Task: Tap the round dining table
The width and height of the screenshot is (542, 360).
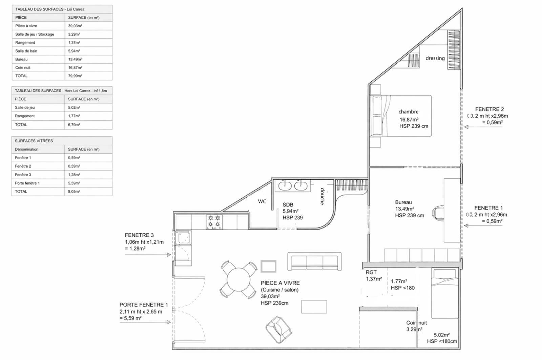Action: click(238, 280)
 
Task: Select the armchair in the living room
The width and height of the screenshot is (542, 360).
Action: click(278, 329)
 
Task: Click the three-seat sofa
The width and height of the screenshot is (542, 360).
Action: click(315, 261)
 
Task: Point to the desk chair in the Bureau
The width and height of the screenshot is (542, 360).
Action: click(438, 213)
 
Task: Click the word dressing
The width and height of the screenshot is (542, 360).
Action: click(435, 58)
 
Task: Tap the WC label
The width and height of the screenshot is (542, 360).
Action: click(262, 201)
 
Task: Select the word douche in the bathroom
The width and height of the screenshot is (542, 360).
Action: click(322, 196)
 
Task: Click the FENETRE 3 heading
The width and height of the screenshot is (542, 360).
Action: click(139, 235)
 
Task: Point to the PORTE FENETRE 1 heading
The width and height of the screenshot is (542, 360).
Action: click(144, 305)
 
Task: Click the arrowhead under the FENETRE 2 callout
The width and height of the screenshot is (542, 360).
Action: click(466, 127)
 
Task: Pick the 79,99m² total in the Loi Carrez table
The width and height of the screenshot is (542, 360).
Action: click(75, 76)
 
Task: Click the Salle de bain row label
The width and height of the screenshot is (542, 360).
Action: click(26, 51)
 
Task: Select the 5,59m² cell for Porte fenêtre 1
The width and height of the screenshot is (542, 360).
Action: click(74, 183)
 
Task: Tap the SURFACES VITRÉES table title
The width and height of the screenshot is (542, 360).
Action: click(34, 141)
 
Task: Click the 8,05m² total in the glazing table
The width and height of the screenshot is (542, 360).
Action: click(74, 192)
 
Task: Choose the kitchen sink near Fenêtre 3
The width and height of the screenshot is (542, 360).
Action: click(184, 238)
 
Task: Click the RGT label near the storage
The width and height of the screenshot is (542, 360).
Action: click(371, 272)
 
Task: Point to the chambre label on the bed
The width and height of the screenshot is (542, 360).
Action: click(409, 112)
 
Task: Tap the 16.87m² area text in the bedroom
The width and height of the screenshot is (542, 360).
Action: click(409, 120)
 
